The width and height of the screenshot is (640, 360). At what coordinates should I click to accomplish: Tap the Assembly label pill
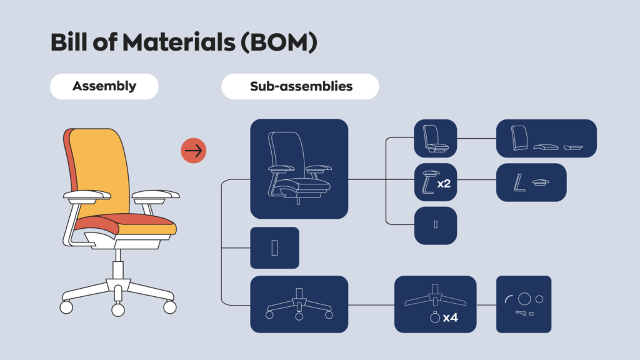[104, 86]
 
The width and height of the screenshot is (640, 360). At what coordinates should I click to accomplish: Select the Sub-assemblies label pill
[300, 86]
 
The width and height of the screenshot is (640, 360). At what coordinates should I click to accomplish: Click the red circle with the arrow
[194, 151]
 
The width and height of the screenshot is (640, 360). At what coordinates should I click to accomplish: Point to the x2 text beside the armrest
[444, 183]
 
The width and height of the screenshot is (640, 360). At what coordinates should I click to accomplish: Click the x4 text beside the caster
[450, 317]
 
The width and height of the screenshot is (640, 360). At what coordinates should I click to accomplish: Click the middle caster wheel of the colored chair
[117, 309]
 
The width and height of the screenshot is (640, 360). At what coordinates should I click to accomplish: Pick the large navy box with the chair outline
[299, 169]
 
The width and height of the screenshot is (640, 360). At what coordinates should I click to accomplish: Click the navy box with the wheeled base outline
[299, 304]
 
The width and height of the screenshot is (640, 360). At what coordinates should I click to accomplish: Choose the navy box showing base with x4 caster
[435, 304]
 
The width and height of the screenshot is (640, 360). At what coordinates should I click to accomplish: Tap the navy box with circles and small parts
[524, 304]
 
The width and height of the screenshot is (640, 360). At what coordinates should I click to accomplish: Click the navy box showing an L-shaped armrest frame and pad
[531, 182]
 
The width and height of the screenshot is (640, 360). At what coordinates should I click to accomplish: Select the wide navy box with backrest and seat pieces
[546, 138]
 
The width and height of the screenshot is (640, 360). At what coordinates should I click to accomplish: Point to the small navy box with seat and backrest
[436, 138]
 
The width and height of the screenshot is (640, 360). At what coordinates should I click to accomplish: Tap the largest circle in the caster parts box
[524, 299]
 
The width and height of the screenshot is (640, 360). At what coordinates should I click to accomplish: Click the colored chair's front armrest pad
[156, 194]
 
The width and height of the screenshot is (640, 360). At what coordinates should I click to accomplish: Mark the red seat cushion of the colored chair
[137, 220]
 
